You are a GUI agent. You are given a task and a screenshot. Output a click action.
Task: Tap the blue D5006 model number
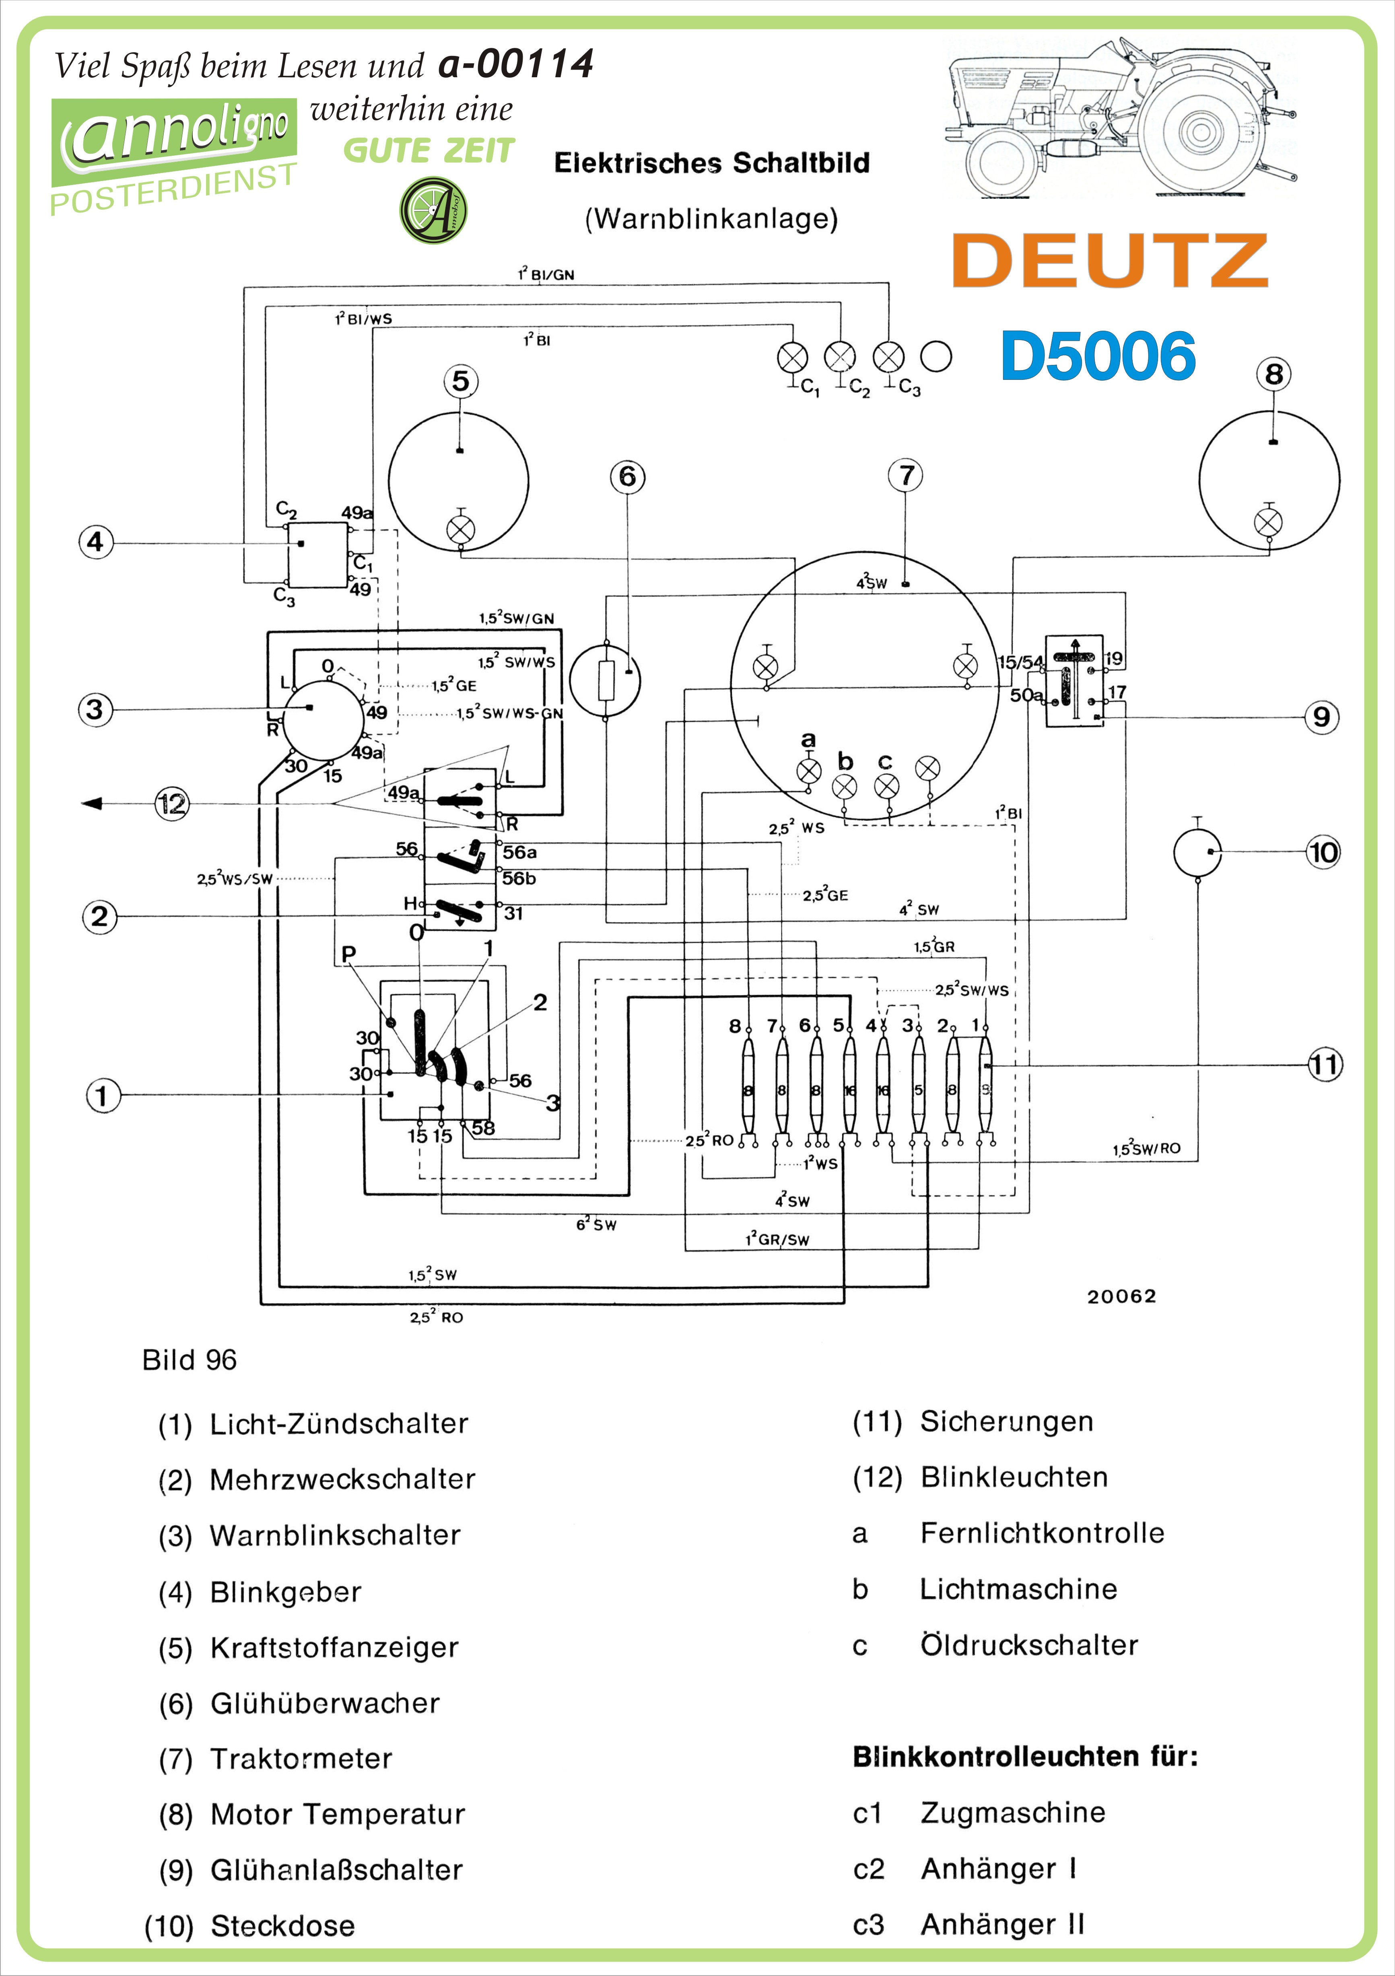(x=1098, y=356)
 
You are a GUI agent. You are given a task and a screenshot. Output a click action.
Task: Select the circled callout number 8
(x=1273, y=374)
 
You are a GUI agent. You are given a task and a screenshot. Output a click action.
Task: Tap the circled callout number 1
(x=103, y=1096)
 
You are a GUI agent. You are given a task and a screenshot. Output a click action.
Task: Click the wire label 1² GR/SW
(x=777, y=1239)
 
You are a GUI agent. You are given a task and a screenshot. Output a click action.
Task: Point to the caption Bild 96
(x=190, y=1360)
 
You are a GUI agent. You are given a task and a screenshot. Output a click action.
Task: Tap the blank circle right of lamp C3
(x=936, y=356)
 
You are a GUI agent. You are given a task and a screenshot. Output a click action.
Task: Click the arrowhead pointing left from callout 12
(x=91, y=804)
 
